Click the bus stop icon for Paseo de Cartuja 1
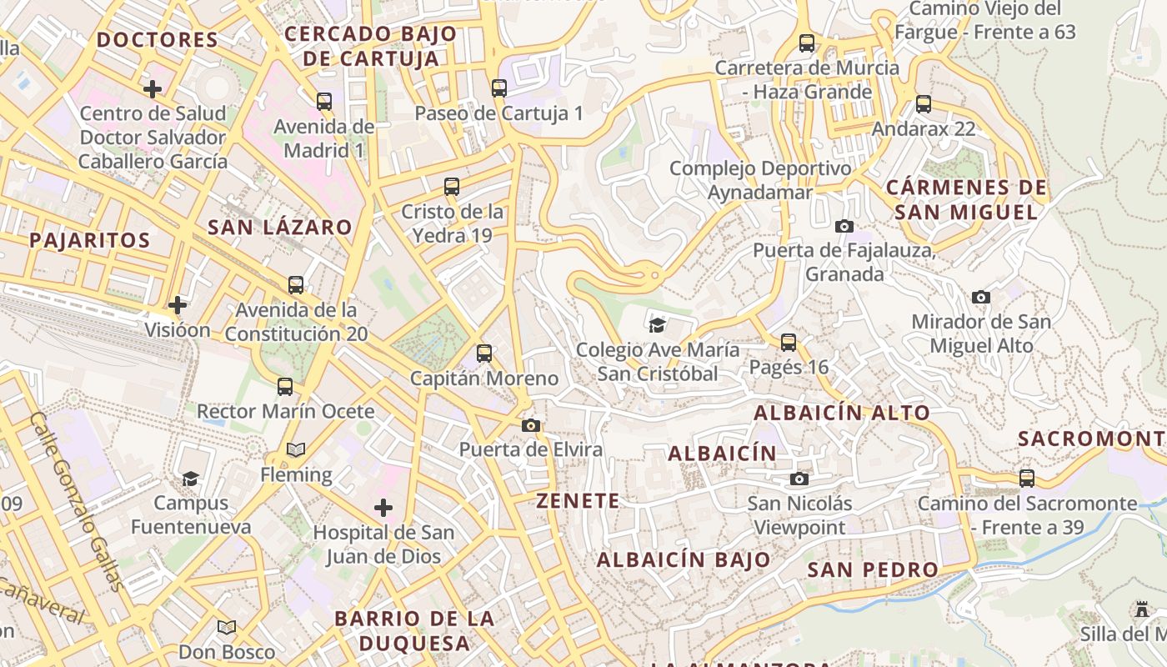499,88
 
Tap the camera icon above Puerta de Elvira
530,425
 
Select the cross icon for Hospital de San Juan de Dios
383,507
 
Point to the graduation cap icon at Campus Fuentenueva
191,479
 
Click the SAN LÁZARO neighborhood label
279,227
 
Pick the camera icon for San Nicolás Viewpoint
799,479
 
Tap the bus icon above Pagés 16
789,342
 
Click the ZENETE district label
578,501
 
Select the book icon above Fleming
296,450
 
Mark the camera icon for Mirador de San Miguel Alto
981,297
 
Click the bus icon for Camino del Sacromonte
1027,479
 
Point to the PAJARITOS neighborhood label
90,240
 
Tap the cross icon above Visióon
178,305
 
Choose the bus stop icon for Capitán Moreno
484,354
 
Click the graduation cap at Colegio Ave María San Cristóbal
658,324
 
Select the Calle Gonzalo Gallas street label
78,500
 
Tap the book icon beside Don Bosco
227,627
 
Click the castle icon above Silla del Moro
1142,609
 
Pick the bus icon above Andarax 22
924,104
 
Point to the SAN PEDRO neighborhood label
873,569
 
